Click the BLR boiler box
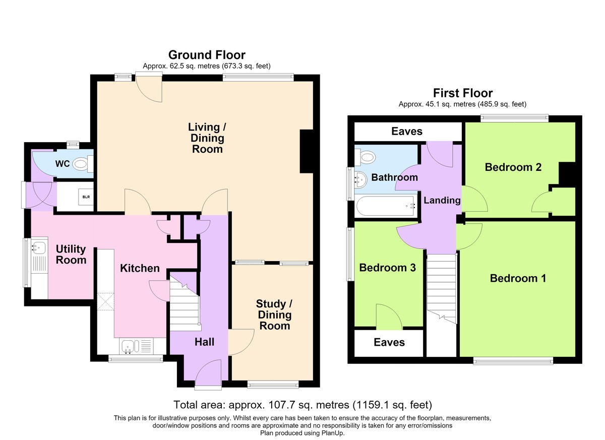pos(86,197)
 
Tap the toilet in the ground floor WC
pos(83,164)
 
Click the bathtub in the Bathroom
pos(386,206)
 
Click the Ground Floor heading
pos(207,55)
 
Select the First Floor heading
pos(463,93)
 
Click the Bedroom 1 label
pos(518,278)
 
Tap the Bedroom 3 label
pos(387,268)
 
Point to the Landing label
pos(442,200)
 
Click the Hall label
pos(205,342)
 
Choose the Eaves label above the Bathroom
pos(407,132)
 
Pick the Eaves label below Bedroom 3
pos(389,343)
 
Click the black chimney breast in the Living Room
pos(307,151)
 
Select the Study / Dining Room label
pos(274,315)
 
